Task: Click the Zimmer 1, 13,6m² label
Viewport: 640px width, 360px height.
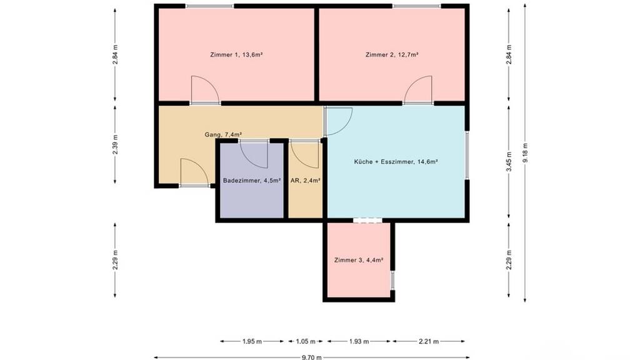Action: click(236, 55)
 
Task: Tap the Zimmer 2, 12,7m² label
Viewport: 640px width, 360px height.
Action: click(392, 55)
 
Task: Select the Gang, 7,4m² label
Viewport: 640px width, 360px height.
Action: click(223, 134)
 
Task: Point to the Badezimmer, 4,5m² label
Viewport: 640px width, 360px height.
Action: click(252, 181)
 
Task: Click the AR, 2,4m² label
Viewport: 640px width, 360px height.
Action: click(305, 181)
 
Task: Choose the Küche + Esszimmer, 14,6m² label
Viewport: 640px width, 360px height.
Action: click(396, 162)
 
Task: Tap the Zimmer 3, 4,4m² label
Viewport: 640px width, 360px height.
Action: click(358, 260)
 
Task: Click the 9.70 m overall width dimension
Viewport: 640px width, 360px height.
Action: click(311, 357)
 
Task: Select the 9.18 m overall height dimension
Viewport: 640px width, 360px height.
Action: click(525, 152)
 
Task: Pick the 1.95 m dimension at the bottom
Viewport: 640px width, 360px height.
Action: click(252, 341)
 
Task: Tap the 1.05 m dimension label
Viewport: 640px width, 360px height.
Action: click(306, 341)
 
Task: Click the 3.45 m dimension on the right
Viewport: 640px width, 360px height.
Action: click(509, 162)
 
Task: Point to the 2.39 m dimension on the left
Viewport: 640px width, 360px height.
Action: click(115, 144)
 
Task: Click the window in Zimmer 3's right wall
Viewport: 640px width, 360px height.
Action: click(392, 280)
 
